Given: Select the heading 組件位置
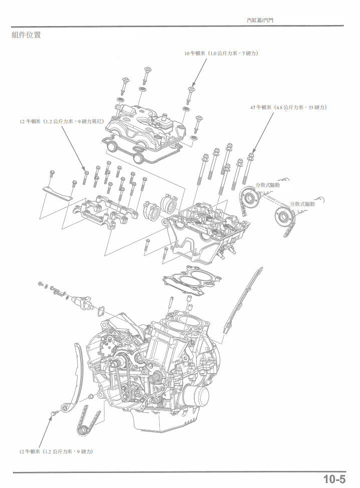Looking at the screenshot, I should pos(26,35).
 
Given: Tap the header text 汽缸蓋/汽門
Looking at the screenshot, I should pos(260,21).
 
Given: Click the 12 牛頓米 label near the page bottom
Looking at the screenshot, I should pos(56,451).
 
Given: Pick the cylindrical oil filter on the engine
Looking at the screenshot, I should pos(195,397).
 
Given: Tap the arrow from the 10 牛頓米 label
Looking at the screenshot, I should pos(199,73).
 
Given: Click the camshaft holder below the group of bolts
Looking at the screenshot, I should pos(105,213).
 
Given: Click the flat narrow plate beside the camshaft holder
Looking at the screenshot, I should pos(56,192).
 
